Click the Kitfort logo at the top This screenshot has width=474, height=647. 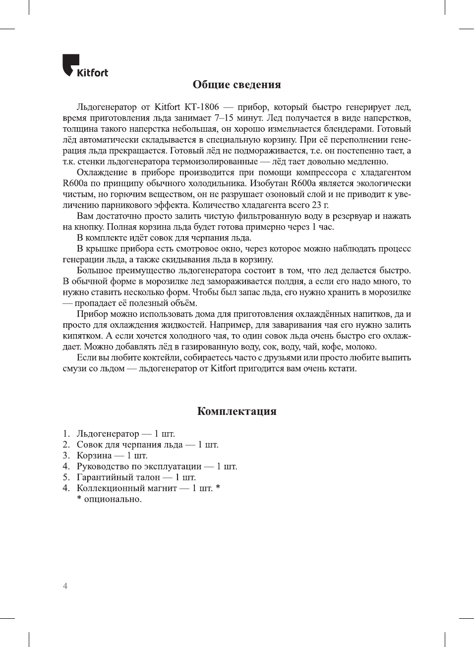pyautogui.click(x=85, y=66)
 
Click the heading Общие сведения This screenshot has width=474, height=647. pyautogui.click(x=237, y=85)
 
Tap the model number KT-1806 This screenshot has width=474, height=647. pyautogui.click(x=201, y=107)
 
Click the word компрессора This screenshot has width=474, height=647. pyautogui.click(x=321, y=173)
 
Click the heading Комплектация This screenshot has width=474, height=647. pyautogui.click(x=237, y=411)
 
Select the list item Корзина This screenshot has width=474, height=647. pyautogui.click(x=94, y=455)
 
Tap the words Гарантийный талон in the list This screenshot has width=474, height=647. pyautogui.click(x=118, y=477)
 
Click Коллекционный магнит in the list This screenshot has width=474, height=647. pyautogui.click(x=126, y=488)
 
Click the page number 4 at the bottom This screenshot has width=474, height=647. pyautogui.click(x=65, y=586)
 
